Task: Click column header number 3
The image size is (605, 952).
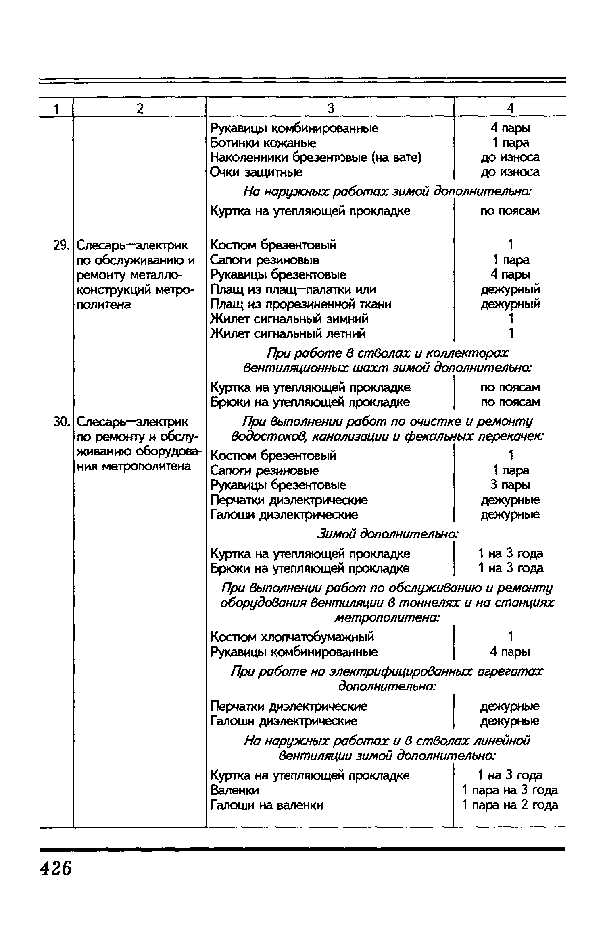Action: pyautogui.click(x=330, y=108)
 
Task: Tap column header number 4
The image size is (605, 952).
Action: pyautogui.click(x=510, y=108)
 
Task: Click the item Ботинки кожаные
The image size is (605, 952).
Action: pyautogui.click(x=263, y=143)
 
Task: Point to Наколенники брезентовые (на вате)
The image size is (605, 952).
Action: pyautogui.click(x=316, y=158)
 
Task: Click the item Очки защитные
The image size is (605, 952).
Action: pyautogui.click(x=257, y=173)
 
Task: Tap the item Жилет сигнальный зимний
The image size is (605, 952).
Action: pyautogui.click(x=289, y=319)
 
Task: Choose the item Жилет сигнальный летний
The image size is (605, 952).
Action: pyautogui.click(x=288, y=334)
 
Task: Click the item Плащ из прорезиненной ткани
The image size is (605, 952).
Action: pyautogui.click(x=301, y=304)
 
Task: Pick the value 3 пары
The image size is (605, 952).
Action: pyautogui.click(x=510, y=485)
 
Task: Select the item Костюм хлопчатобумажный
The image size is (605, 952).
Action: pyautogui.click(x=292, y=637)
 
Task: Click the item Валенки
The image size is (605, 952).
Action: pyautogui.click(x=234, y=790)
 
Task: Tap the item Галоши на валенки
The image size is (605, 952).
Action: pyautogui.click(x=267, y=805)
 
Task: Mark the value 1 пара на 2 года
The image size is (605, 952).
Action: pyautogui.click(x=510, y=805)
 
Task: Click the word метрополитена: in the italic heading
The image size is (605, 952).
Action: pyautogui.click(x=388, y=617)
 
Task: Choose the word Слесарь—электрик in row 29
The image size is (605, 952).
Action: pyautogui.click(x=132, y=245)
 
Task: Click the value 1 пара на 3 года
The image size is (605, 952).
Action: pyautogui.click(x=510, y=790)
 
